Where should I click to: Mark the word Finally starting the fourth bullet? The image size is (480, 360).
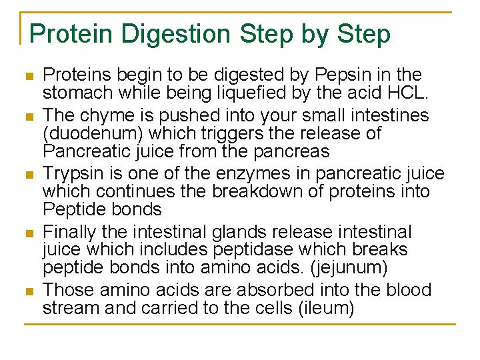pyautogui.click(x=72, y=232)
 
